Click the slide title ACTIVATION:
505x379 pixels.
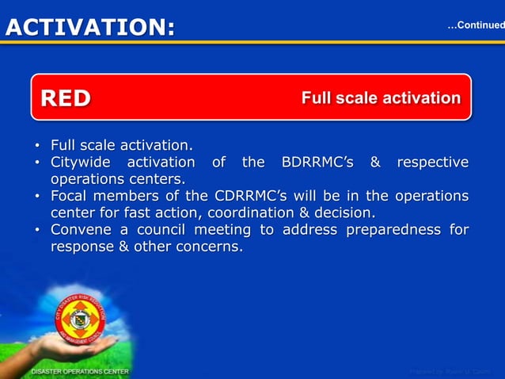click(x=89, y=27)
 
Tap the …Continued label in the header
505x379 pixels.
click(x=475, y=25)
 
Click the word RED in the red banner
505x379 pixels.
click(x=66, y=98)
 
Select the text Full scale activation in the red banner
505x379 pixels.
click(x=380, y=98)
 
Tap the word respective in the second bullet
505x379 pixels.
click(x=432, y=163)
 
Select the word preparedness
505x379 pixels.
click(x=386, y=230)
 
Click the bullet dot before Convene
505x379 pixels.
click(x=37, y=231)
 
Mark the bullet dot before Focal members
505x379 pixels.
click(x=37, y=197)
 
